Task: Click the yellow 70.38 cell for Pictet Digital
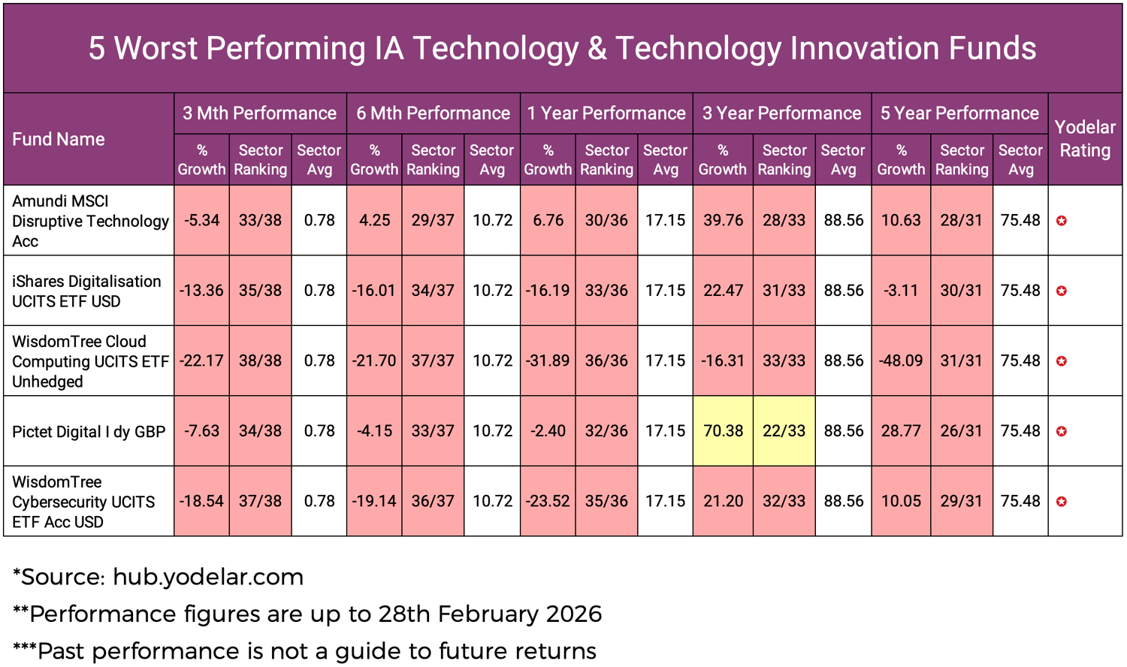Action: [x=722, y=431]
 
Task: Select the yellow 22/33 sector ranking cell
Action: [x=784, y=431]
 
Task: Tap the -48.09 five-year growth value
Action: [x=901, y=361]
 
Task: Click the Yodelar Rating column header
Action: [x=1084, y=139]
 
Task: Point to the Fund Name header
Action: [x=59, y=140]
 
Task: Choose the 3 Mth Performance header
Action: [x=259, y=113]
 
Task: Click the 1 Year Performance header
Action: [x=606, y=113]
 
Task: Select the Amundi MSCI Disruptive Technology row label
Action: [x=89, y=221]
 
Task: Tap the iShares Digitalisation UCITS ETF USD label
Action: [x=86, y=291]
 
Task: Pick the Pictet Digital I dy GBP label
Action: [x=89, y=432]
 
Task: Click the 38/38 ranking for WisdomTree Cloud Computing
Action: [x=260, y=361]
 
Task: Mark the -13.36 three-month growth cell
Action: [x=201, y=291]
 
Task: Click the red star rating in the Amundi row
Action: [x=1062, y=221]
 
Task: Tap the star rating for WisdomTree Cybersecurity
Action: [x=1062, y=502]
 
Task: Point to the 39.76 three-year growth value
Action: [x=722, y=220]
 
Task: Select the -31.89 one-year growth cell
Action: [x=548, y=361]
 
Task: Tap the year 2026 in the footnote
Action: [x=573, y=614]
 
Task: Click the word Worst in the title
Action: [x=156, y=48]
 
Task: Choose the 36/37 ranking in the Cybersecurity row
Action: [x=433, y=501]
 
